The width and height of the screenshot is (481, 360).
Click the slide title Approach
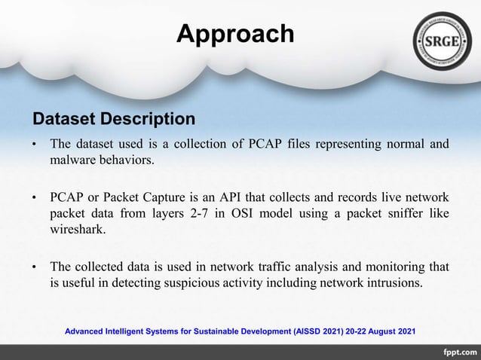pyautogui.click(x=234, y=34)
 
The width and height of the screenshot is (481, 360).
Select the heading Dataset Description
pyautogui.click(x=114, y=119)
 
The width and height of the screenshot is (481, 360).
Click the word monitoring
pyautogui.click(x=394, y=267)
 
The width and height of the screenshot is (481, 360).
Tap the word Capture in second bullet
pyautogui.click(x=148, y=198)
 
